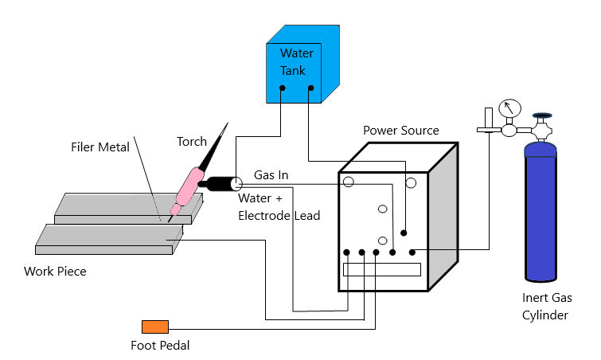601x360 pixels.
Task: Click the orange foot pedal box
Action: (155, 326)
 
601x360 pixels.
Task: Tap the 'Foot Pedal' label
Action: (160, 346)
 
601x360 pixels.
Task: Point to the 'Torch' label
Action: (191, 141)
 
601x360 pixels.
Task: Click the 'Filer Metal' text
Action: (100, 147)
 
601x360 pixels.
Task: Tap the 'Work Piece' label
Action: (55, 272)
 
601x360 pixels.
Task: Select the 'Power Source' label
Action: (400, 130)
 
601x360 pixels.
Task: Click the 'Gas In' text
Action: (270, 174)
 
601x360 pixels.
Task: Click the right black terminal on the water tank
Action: (310, 88)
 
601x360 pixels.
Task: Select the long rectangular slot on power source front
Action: (381, 269)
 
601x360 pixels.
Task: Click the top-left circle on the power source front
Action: (348, 182)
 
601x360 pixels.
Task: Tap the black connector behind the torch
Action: (216, 184)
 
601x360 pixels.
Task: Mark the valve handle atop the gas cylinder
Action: (543, 116)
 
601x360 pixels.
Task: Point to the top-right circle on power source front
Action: (411, 182)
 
